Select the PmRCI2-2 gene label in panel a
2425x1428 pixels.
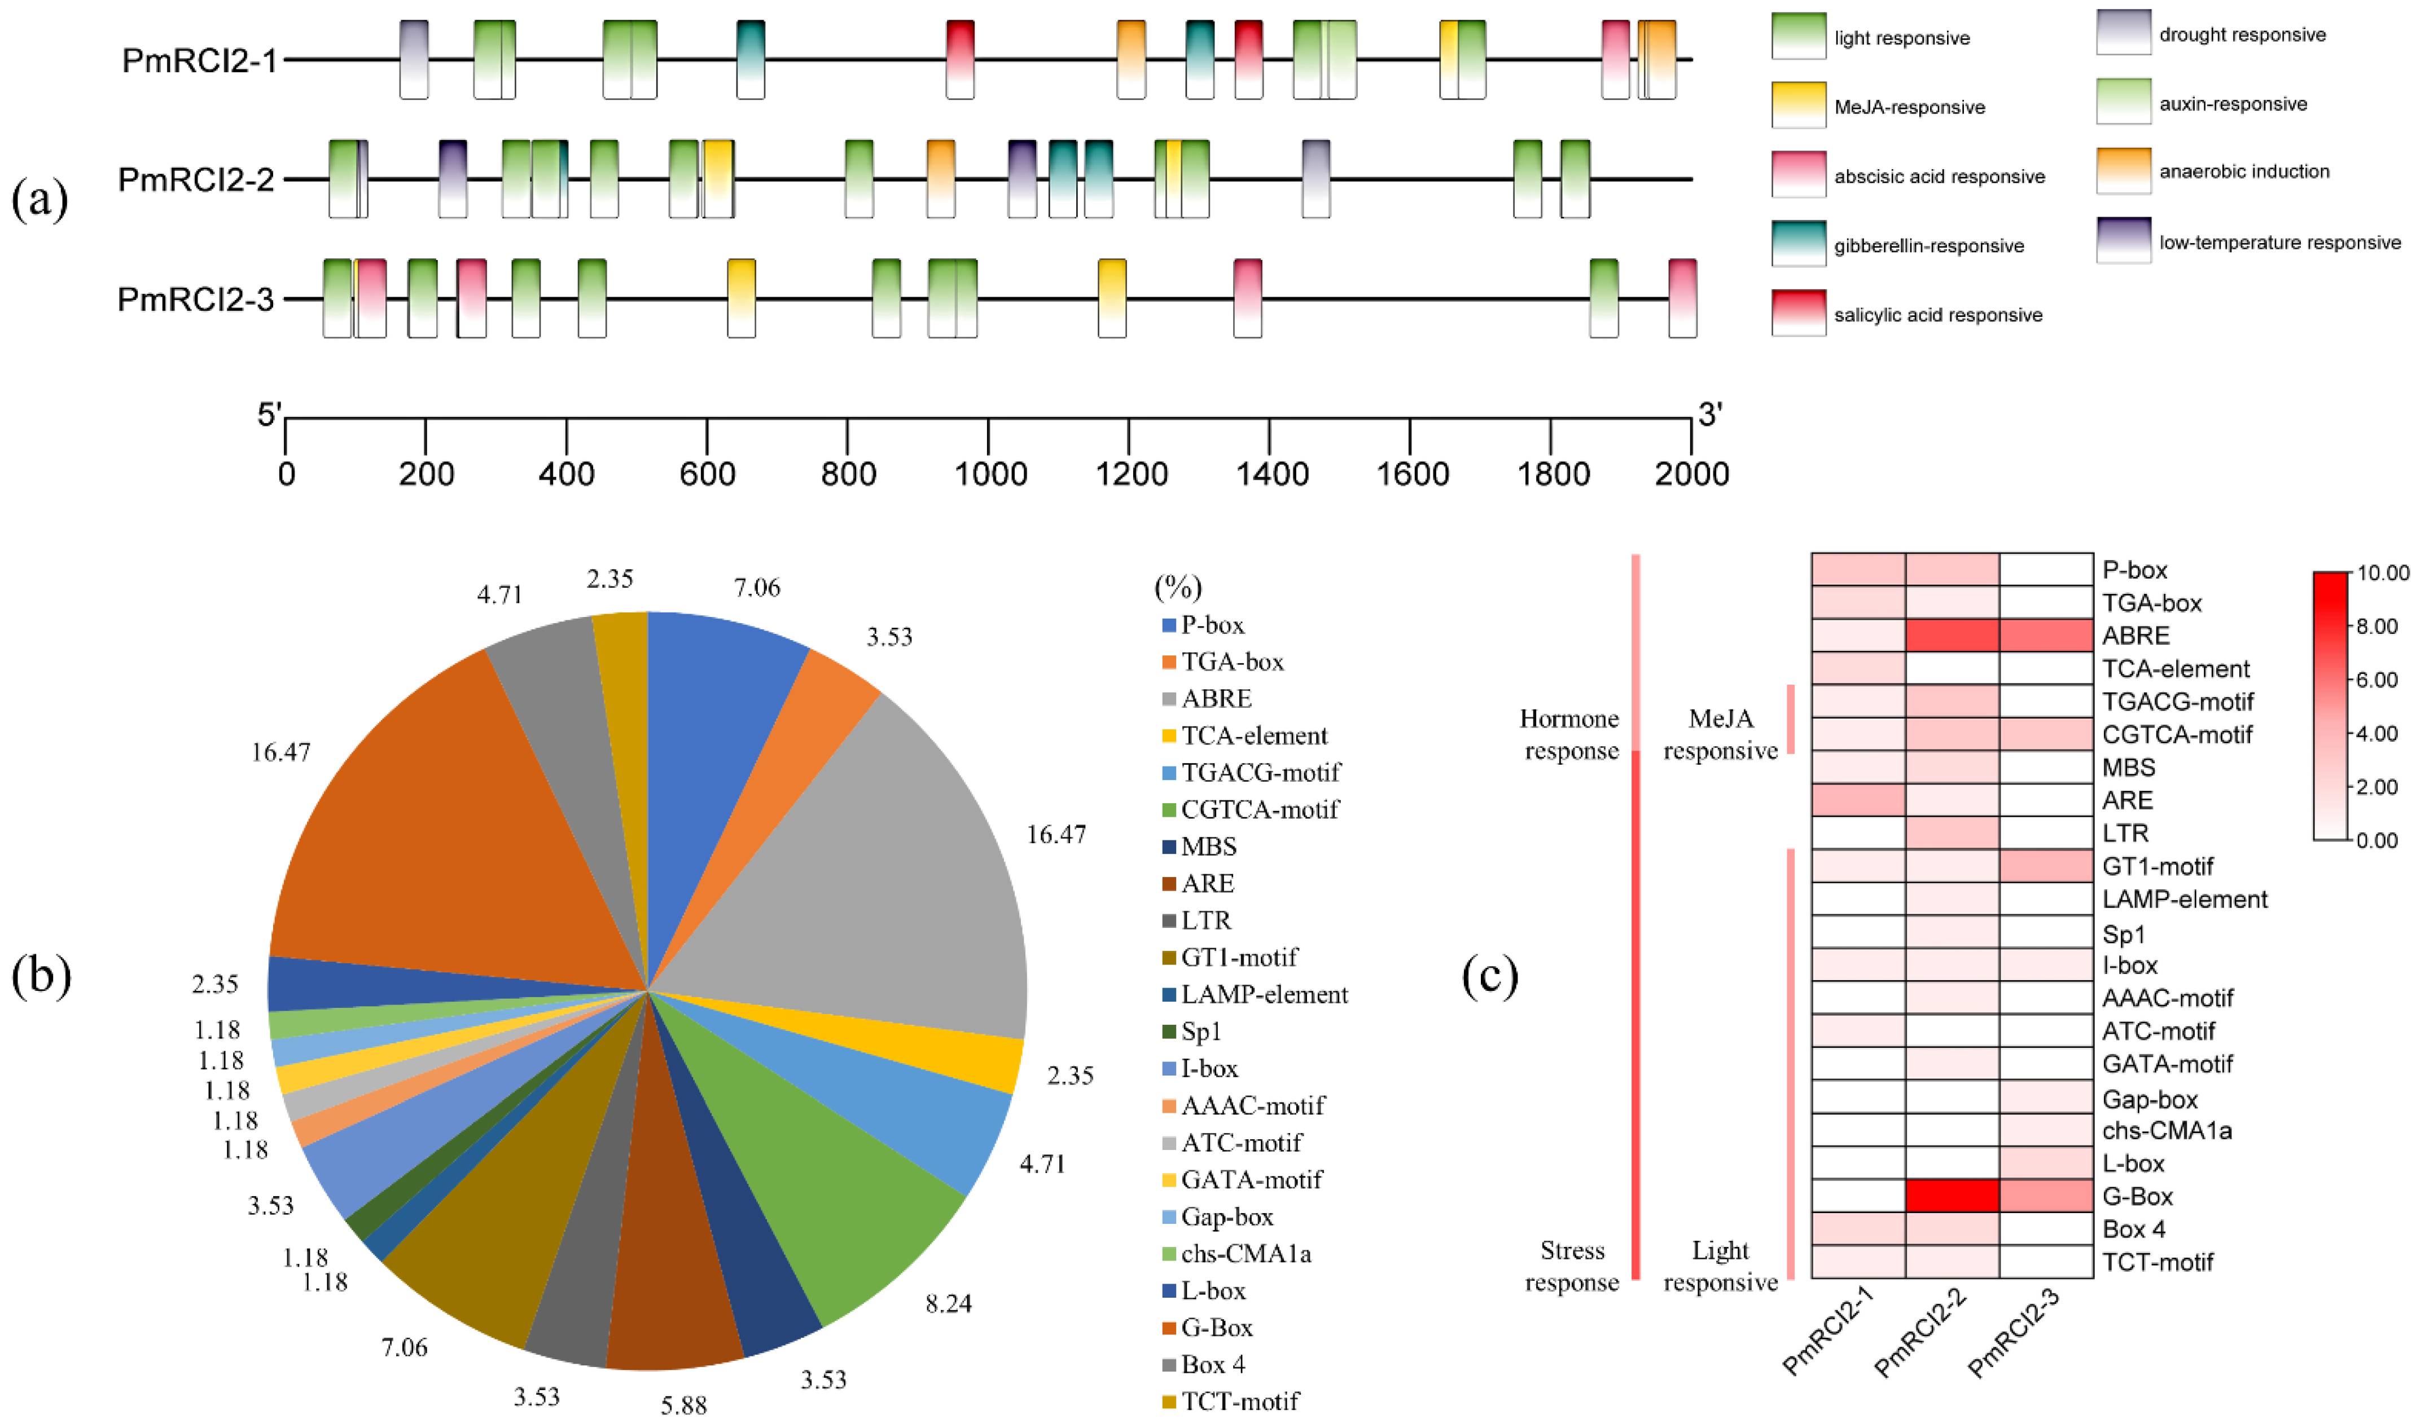pyautogui.click(x=196, y=180)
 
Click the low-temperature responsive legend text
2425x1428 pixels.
pyautogui.click(x=2279, y=243)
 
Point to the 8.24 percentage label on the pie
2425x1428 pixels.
pyautogui.click(x=948, y=1304)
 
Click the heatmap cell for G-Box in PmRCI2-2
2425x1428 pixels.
pyautogui.click(x=1952, y=1196)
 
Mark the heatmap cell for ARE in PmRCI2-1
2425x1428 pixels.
pyautogui.click(x=1857, y=800)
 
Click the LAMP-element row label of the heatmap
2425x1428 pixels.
pyautogui.click(x=2183, y=900)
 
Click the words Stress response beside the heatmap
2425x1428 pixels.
pyautogui.click(x=1571, y=1266)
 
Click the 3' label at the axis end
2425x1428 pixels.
pyautogui.click(x=1710, y=416)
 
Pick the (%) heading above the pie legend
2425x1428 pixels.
pyautogui.click(x=1177, y=587)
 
